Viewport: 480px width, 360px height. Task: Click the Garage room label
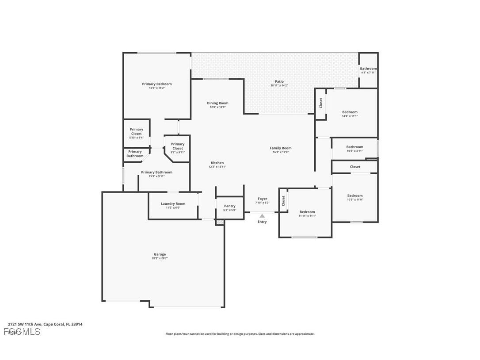(160, 254)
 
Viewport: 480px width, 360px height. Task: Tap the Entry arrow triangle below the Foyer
(262, 216)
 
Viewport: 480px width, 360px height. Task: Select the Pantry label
(230, 206)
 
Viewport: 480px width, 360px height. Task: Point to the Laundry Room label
(173, 204)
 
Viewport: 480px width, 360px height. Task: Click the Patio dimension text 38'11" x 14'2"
(279, 85)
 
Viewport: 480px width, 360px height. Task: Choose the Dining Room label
(217, 103)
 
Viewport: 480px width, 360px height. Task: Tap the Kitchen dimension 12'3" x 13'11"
(217, 167)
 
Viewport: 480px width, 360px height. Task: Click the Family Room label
(281, 148)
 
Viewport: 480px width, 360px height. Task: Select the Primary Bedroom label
(156, 84)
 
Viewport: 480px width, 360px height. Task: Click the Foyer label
(262, 199)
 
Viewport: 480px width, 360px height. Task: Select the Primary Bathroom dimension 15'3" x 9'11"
(156, 176)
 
